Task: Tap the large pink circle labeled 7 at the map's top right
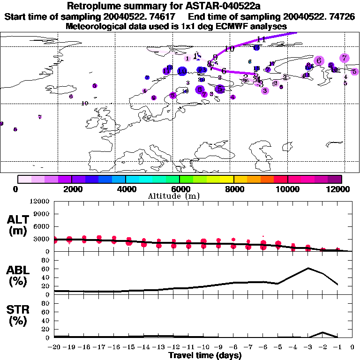[x=345, y=58]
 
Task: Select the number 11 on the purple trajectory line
[x=262, y=39]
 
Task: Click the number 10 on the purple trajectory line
[x=229, y=49]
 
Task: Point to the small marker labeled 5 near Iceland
[x=95, y=86]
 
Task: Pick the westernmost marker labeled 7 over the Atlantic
[x=40, y=117]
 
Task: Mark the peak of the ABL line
[x=308, y=268]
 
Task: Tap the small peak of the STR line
[x=323, y=332]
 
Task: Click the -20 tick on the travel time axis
[x=54, y=347]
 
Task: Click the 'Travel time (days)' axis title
[x=205, y=356]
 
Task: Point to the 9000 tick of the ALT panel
[x=42, y=214]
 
